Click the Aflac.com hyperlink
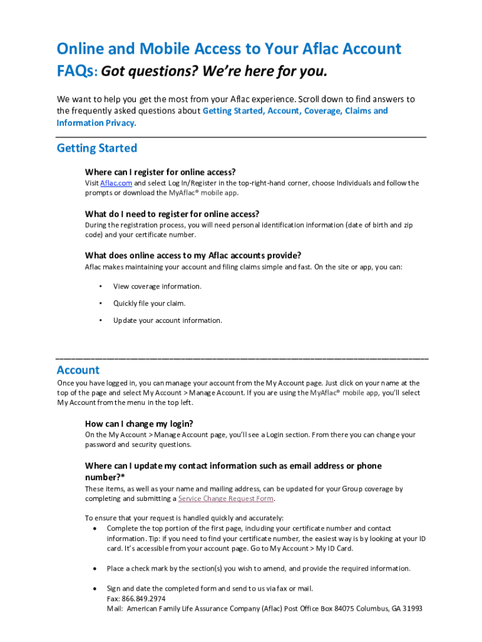coord(116,183)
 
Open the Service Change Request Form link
coord(226,498)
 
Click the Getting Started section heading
coord(96,149)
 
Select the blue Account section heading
coord(78,370)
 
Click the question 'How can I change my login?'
coord(139,423)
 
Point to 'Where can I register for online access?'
coord(160,172)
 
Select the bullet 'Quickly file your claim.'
coord(149,303)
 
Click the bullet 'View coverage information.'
coord(157,287)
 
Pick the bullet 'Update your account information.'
coord(167,320)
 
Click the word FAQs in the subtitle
coord(75,72)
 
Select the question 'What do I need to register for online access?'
coord(172,214)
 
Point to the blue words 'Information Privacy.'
coord(96,123)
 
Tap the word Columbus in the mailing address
coord(356,608)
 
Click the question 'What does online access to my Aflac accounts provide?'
coord(193,255)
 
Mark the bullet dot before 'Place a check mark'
coord(94,569)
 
